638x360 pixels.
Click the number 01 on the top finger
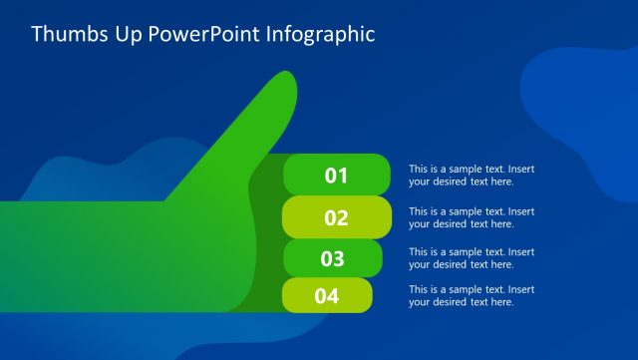[x=336, y=177]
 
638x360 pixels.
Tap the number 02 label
[x=336, y=218]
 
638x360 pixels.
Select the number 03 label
[x=332, y=259]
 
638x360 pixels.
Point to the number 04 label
[x=327, y=296]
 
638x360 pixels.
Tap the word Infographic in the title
[x=320, y=35]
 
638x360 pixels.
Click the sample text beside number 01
[x=471, y=176]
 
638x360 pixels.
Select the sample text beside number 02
[x=471, y=217]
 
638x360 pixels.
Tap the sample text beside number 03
[x=471, y=258]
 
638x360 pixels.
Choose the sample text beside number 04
[x=471, y=295]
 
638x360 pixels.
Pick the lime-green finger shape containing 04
[x=355, y=296]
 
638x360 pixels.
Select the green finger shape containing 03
[x=365, y=259]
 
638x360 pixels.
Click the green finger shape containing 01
[x=369, y=177]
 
